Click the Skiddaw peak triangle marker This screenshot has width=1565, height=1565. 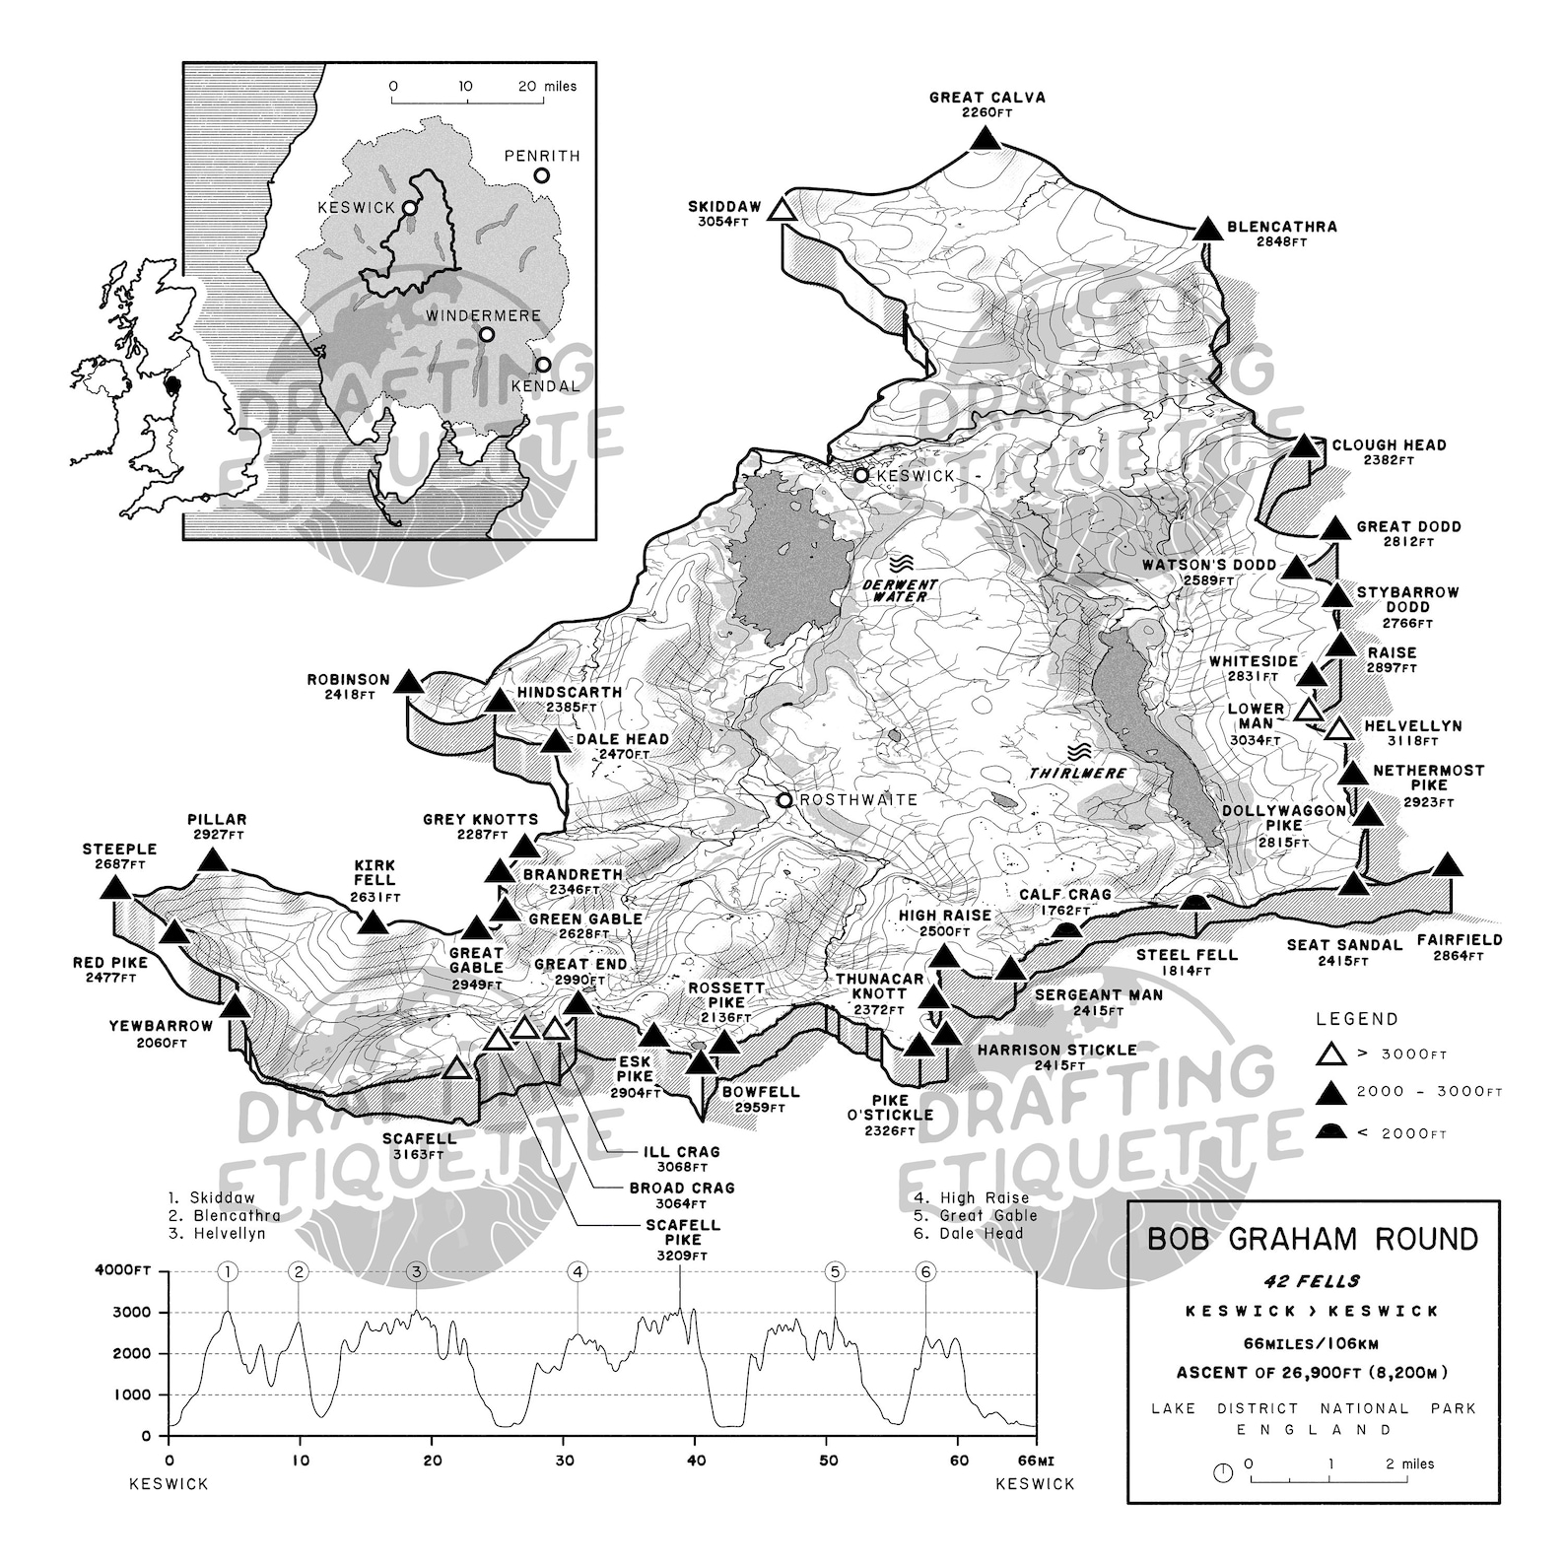(782, 210)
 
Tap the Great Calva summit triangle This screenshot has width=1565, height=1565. (985, 139)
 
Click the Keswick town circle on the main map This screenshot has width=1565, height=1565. (861, 475)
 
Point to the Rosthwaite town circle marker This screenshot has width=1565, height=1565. (784, 800)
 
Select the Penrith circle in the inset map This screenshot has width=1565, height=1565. (541, 175)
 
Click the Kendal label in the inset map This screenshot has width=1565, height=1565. (545, 386)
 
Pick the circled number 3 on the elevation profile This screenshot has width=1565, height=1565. (417, 1271)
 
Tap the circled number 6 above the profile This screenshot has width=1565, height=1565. (925, 1271)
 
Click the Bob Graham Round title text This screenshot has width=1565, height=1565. (1313, 1239)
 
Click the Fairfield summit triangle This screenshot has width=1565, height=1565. (1446, 865)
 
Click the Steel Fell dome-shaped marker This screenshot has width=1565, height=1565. (1195, 903)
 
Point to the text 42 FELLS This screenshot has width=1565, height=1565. (1313, 1282)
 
